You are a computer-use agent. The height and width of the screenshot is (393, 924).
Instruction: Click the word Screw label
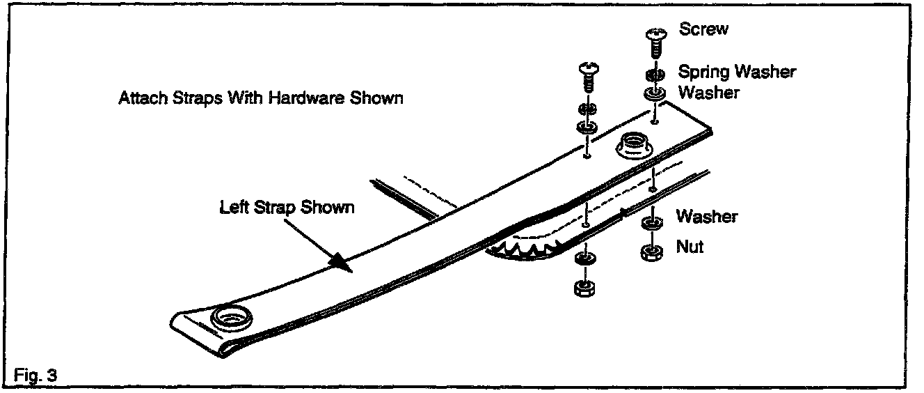tap(703, 30)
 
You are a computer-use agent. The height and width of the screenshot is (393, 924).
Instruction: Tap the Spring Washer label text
tap(737, 71)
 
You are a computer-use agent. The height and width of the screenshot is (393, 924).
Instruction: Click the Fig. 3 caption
tap(35, 375)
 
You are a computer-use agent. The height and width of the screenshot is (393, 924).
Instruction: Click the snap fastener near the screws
tap(632, 146)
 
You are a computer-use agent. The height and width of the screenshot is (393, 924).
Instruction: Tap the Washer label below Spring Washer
tap(708, 92)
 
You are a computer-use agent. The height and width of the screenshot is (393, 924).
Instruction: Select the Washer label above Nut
tap(706, 216)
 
